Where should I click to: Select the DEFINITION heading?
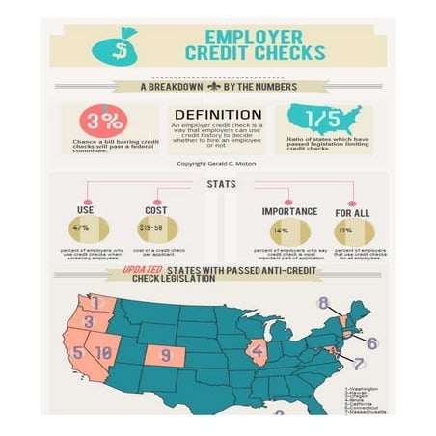tap(217, 114)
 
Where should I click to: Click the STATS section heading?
tap(218, 185)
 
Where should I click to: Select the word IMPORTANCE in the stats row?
tap(287, 209)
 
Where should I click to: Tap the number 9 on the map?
tap(166, 355)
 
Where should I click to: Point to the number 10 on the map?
tap(104, 353)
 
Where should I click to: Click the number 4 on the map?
tap(258, 350)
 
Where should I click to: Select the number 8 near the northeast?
tap(323, 302)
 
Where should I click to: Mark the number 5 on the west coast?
tap(77, 353)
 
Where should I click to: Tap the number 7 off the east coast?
tap(359, 364)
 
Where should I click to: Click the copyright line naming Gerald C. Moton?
tap(217, 163)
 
